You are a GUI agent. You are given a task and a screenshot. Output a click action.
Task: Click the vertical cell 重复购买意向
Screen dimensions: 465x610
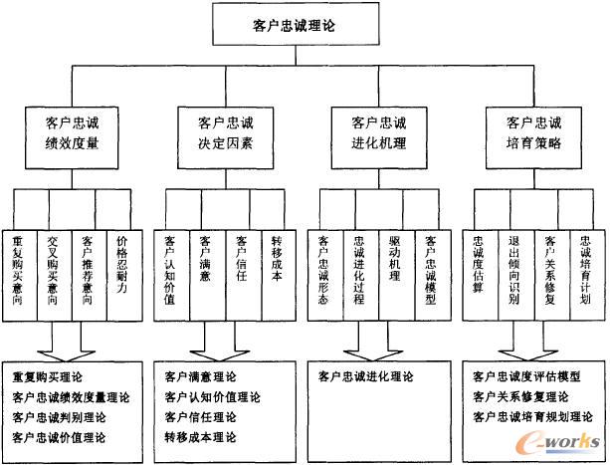point(18,269)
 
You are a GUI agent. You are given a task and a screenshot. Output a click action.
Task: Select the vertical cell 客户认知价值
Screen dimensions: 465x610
point(171,269)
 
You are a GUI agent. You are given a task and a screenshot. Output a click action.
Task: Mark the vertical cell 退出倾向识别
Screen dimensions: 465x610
point(514,269)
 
